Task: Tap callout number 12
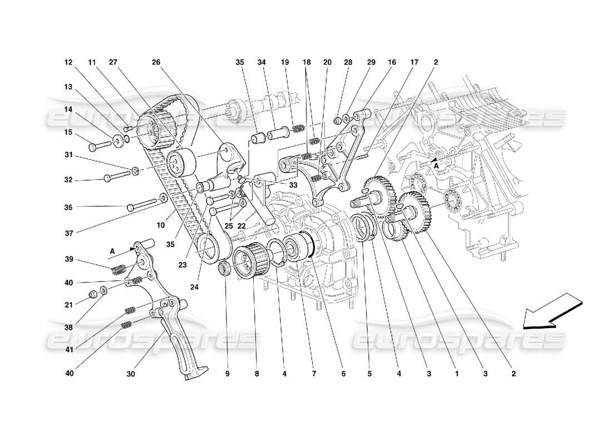[68, 62]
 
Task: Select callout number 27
[113, 62]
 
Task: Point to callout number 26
[156, 62]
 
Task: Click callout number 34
[261, 62]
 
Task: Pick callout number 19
[285, 62]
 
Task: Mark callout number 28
[349, 62]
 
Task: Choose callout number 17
[414, 62]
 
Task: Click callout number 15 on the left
[68, 132]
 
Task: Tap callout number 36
[68, 207]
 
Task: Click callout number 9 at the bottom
[228, 374]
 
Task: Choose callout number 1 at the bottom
[456, 374]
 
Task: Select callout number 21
[68, 305]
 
